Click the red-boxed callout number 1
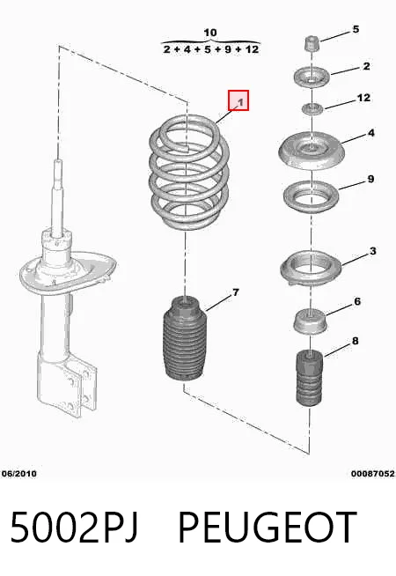pyautogui.click(x=238, y=100)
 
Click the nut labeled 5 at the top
pyautogui.click(x=312, y=43)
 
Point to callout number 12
pyautogui.click(x=363, y=98)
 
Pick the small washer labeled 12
pyautogui.click(x=312, y=108)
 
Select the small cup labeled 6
pyautogui.click(x=311, y=321)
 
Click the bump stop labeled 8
pyautogui.click(x=310, y=379)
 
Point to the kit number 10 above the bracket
pyautogui.click(x=210, y=33)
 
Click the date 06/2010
pyautogui.click(x=19, y=473)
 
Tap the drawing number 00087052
pyautogui.click(x=372, y=474)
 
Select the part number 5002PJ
pyautogui.click(x=74, y=528)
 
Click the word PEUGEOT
pyautogui.click(x=268, y=528)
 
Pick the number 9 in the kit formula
pyautogui.click(x=228, y=48)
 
